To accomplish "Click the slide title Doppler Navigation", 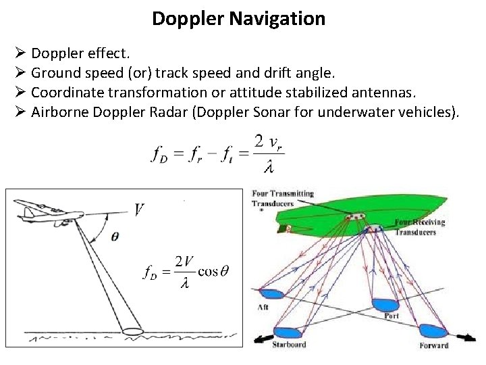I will (x=238, y=19).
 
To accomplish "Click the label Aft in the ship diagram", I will (x=264, y=308).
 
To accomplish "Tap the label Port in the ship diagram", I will (x=391, y=316).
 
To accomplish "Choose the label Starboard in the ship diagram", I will (x=289, y=344).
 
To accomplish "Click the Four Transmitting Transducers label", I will (x=283, y=198).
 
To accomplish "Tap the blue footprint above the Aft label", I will (x=271, y=293).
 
